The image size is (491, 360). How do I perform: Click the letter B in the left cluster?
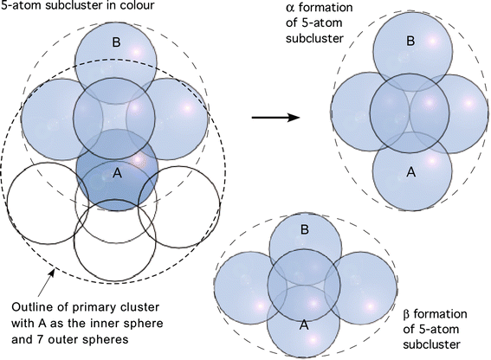[x=116, y=42]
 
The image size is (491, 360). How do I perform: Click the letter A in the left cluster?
[x=117, y=173]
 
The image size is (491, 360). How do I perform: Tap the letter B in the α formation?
[x=410, y=41]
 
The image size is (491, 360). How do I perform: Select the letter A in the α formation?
[x=410, y=171]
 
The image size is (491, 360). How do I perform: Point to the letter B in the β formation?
[x=304, y=230]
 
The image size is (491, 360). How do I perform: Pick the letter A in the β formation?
[x=304, y=325]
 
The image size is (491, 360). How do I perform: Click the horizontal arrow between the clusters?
[x=276, y=118]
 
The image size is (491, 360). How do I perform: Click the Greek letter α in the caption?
[x=290, y=8]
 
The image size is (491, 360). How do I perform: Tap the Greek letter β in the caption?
[x=406, y=314]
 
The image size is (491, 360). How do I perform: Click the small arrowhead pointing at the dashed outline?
[x=52, y=273]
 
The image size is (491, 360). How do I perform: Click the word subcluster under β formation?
[x=431, y=344]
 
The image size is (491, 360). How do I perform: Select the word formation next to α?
[x=325, y=7]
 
